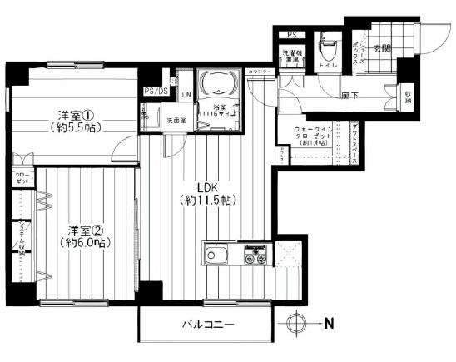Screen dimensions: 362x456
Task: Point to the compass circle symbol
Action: pos(297,322)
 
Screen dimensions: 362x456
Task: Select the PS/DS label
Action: pos(155,92)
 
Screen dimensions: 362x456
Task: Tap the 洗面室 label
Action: pos(176,120)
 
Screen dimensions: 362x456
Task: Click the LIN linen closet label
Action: pos(186,94)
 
